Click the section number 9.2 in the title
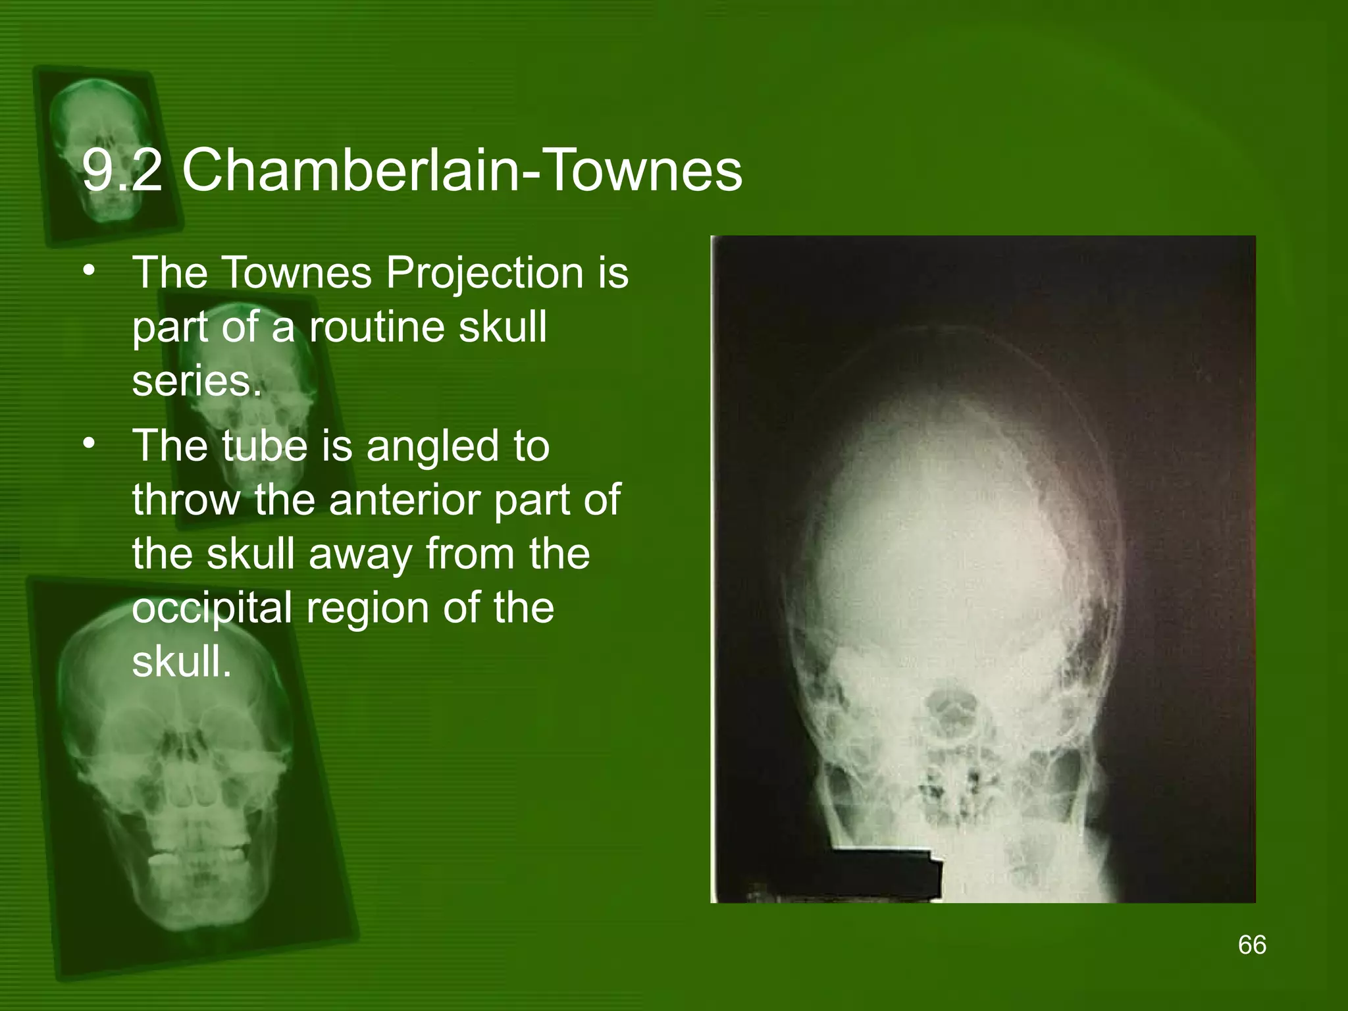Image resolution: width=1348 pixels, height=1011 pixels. pos(122,171)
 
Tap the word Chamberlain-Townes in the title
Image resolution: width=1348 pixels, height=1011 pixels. pos(461,171)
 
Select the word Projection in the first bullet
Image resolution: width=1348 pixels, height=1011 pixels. pos(484,272)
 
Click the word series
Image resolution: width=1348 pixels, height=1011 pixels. pos(197,380)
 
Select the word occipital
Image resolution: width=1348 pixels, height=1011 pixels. pos(212,608)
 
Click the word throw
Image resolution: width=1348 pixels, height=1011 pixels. pos(186,500)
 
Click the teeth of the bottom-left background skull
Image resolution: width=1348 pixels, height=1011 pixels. pos(197,856)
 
